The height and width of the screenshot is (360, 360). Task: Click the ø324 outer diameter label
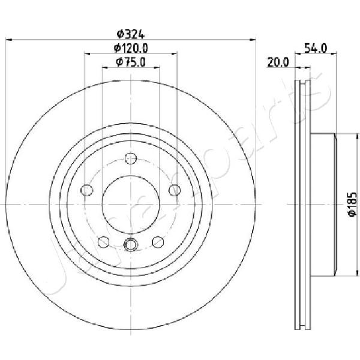click(131, 34)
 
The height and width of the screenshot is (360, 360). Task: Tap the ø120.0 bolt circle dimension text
click(131, 48)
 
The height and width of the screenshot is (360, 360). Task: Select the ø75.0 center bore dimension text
click(131, 62)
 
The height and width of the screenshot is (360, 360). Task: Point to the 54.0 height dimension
click(316, 49)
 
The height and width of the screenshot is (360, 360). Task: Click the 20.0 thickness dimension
click(278, 62)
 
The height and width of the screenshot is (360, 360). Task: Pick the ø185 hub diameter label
click(352, 204)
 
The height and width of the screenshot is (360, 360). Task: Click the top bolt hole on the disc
click(131, 158)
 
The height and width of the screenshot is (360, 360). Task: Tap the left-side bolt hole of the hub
click(87, 190)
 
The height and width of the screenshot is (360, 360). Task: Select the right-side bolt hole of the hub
click(175, 190)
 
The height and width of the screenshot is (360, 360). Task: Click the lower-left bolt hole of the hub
click(104, 242)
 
